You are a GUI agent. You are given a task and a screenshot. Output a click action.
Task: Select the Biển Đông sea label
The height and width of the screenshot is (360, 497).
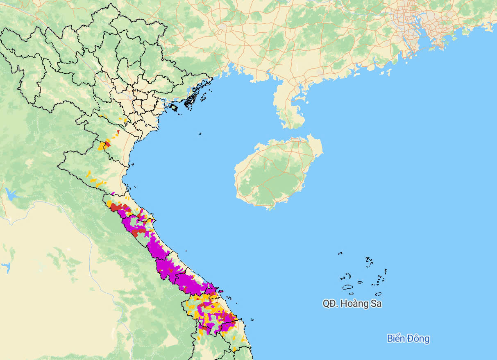(x=408, y=339)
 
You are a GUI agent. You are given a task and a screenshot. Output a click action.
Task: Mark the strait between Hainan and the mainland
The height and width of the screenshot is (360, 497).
(x=283, y=133)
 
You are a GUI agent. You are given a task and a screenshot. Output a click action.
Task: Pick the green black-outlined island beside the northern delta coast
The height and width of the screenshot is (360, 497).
(x=174, y=108)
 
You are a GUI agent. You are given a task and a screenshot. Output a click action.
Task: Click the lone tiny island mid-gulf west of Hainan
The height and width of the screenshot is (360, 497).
(x=200, y=133)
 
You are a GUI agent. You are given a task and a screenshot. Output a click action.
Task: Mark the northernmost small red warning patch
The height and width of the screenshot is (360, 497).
(x=118, y=132)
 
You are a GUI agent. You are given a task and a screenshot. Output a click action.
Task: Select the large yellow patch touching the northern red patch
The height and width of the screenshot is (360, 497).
(x=101, y=146)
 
